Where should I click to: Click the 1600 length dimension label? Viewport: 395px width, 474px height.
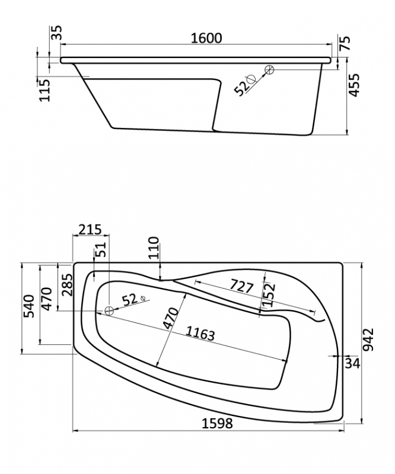(207, 38)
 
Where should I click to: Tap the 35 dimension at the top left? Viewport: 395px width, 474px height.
(56, 33)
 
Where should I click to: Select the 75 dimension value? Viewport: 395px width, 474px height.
(345, 43)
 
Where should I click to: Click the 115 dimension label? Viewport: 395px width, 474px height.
(44, 90)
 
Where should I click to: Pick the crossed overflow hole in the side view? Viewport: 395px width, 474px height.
(269, 69)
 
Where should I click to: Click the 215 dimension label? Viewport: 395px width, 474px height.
(90, 230)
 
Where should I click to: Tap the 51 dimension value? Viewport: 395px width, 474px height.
(102, 249)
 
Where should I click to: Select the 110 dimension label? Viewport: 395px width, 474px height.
(154, 248)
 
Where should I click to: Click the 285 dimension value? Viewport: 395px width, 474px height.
(66, 285)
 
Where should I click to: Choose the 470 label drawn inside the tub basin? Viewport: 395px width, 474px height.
(171, 318)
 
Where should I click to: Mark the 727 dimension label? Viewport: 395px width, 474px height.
(241, 286)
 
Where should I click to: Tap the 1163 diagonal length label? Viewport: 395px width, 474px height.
(200, 333)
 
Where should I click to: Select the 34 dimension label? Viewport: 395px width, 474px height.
(353, 363)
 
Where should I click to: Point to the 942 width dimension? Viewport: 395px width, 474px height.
(368, 340)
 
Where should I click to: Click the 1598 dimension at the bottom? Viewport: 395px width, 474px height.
(217, 424)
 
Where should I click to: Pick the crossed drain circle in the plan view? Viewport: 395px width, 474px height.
(109, 310)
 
